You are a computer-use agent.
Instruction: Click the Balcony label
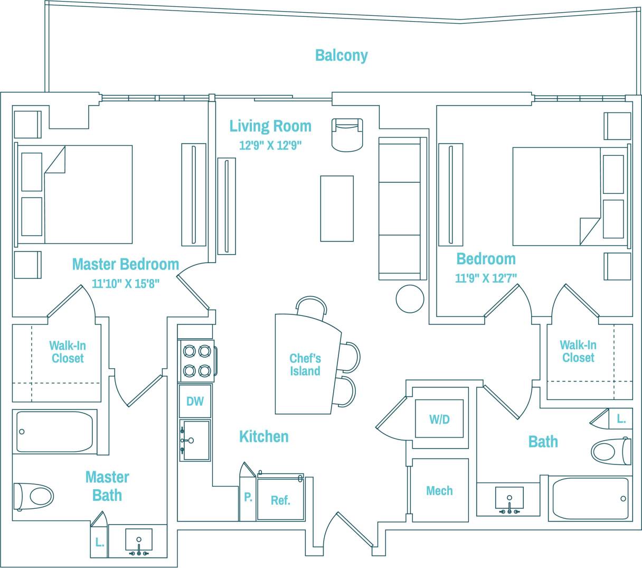[x=341, y=55]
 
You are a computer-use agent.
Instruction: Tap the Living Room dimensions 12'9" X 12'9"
[x=270, y=145]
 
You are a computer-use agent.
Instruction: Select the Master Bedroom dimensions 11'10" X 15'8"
[x=126, y=284]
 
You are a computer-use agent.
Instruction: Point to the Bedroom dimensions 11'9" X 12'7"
[x=486, y=278]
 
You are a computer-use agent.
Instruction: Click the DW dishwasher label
[x=195, y=401]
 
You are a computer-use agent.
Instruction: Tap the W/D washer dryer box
[x=439, y=419]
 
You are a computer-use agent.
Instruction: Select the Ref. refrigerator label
[x=280, y=500]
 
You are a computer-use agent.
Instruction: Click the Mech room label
[x=439, y=491]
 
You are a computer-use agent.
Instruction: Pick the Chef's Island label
[x=305, y=365]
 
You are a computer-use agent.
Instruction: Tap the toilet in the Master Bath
[x=34, y=496]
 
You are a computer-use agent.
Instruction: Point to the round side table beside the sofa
[x=410, y=299]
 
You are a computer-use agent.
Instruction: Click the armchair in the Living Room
[x=347, y=134]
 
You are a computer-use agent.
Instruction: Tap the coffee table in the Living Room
[x=337, y=209]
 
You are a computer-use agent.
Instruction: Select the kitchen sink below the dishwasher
[x=195, y=440]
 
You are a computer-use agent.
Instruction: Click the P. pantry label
[x=248, y=497]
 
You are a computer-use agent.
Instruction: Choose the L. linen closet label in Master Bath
[x=99, y=542]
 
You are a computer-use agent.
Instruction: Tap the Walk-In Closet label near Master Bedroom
[x=67, y=352]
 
